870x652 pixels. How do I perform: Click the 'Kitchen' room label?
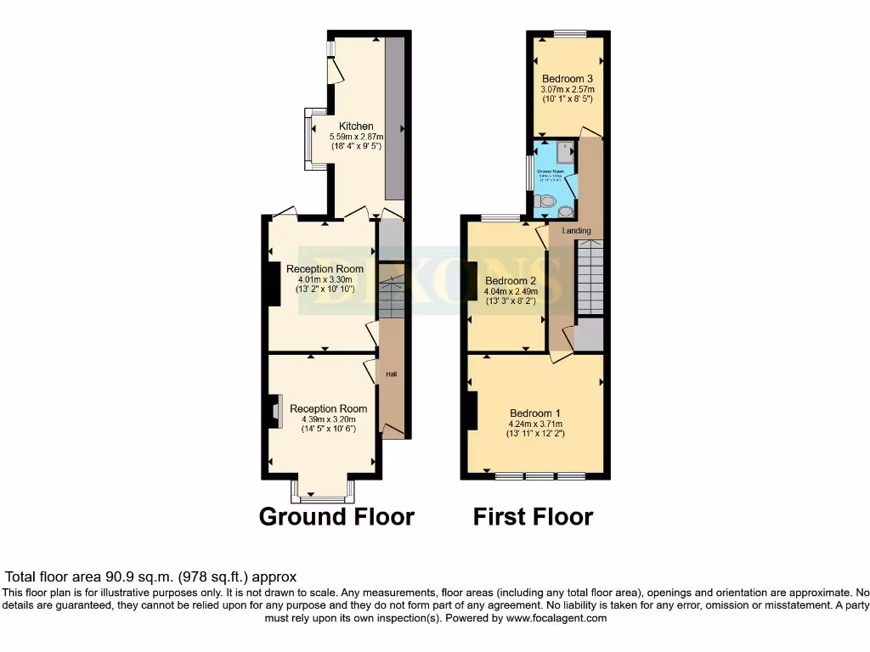(x=356, y=126)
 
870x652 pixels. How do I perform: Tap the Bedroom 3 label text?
(x=568, y=80)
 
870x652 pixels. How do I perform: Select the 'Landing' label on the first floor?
(x=576, y=230)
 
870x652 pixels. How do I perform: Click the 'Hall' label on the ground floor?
(x=392, y=374)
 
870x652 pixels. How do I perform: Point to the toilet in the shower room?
(x=547, y=202)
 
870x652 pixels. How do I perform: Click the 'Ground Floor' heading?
(x=336, y=516)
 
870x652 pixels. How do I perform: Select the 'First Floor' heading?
(x=533, y=516)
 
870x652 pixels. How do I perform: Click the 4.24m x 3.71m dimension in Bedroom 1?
(x=535, y=424)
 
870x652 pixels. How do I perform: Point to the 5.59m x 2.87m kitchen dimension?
(x=356, y=137)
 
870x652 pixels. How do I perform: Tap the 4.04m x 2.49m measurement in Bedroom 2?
(x=511, y=291)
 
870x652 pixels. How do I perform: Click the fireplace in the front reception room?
(x=275, y=413)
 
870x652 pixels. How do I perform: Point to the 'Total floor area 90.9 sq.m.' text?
(x=151, y=576)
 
